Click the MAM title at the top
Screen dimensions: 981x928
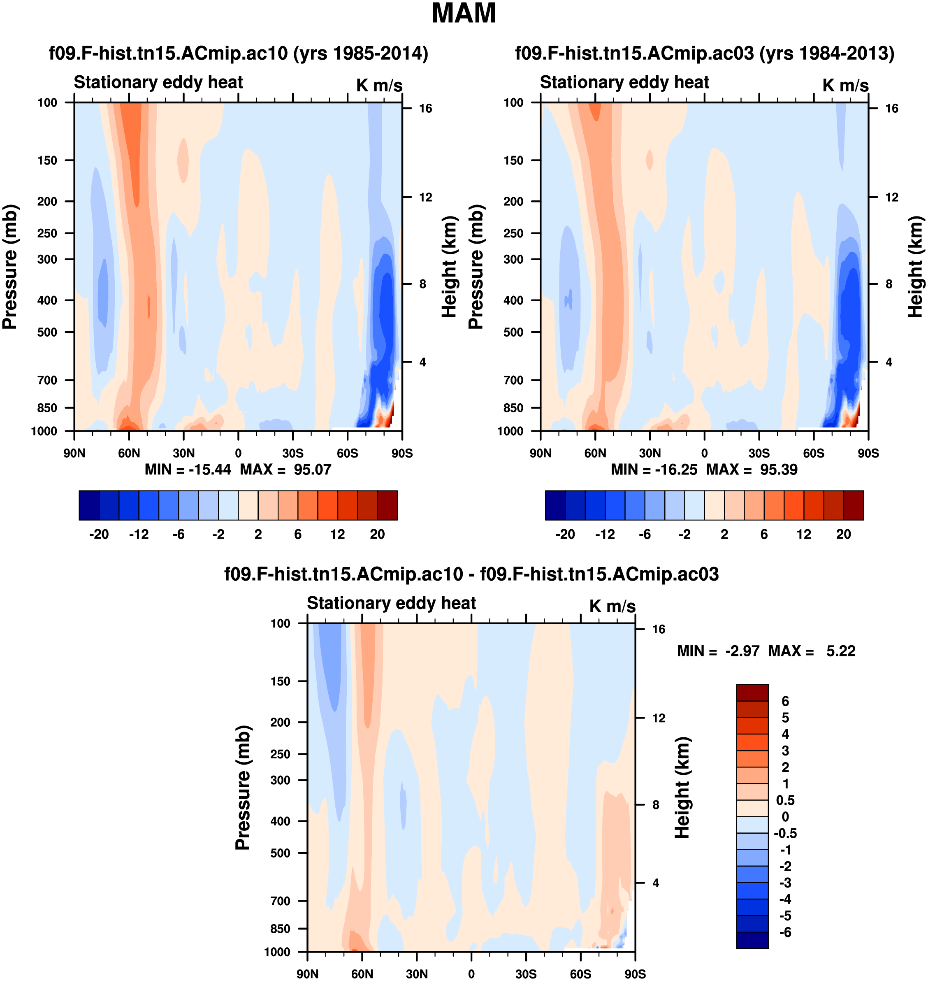tap(464, 13)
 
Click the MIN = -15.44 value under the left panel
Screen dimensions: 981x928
tap(188, 469)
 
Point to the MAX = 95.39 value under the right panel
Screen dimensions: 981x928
tap(752, 469)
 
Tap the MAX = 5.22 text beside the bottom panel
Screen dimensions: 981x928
tap(811, 651)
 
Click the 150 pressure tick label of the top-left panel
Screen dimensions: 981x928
tap(47, 160)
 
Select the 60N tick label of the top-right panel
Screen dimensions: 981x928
tap(595, 453)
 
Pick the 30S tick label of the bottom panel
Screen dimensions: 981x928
tap(526, 974)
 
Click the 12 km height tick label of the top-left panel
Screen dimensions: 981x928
tap(425, 198)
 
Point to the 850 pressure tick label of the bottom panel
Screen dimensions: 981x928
tap(280, 929)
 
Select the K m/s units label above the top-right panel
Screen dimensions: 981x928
tap(845, 86)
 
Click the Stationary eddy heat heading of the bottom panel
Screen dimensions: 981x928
tap(391, 603)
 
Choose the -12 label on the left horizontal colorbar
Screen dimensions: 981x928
tap(139, 535)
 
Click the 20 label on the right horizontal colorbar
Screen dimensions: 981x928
tap(843, 535)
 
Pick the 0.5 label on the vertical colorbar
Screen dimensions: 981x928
tap(785, 800)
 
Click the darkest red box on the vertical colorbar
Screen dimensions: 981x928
tap(752, 693)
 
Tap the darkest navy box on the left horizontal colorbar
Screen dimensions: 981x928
tap(89, 505)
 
